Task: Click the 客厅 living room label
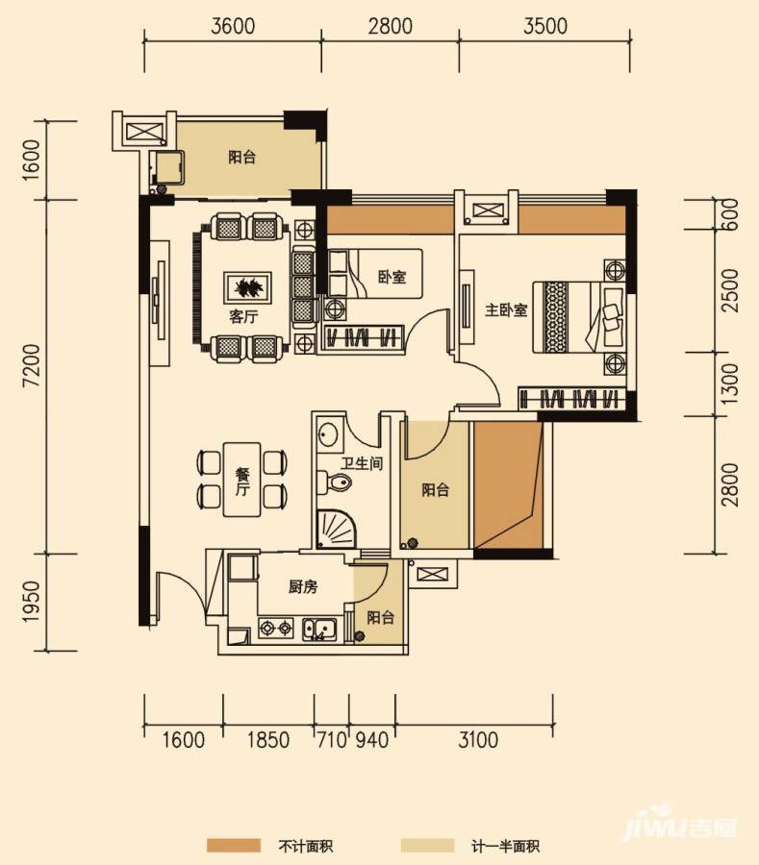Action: tap(243, 316)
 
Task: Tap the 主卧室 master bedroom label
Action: tap(506, 310)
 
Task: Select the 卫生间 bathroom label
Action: tap(362, 463)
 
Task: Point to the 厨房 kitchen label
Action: tap(303, 587)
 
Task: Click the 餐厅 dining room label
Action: tap(242, 482)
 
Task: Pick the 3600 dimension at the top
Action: tap(233, 26)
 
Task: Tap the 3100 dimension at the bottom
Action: tap(478, 739)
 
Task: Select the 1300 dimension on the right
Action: tap(729, 383)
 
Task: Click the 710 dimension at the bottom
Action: tap(332, 739)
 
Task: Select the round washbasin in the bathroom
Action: tap(328, 434)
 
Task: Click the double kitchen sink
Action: tap(319, 630)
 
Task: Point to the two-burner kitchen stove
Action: tap(276, 629)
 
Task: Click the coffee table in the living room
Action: tap(247, 286)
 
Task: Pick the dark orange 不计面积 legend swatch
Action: tap(234, 845)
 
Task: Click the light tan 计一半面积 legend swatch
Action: tap(427, 845)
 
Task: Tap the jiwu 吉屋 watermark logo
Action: tap(680, 825)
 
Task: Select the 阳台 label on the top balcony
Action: tap(242, 158)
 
